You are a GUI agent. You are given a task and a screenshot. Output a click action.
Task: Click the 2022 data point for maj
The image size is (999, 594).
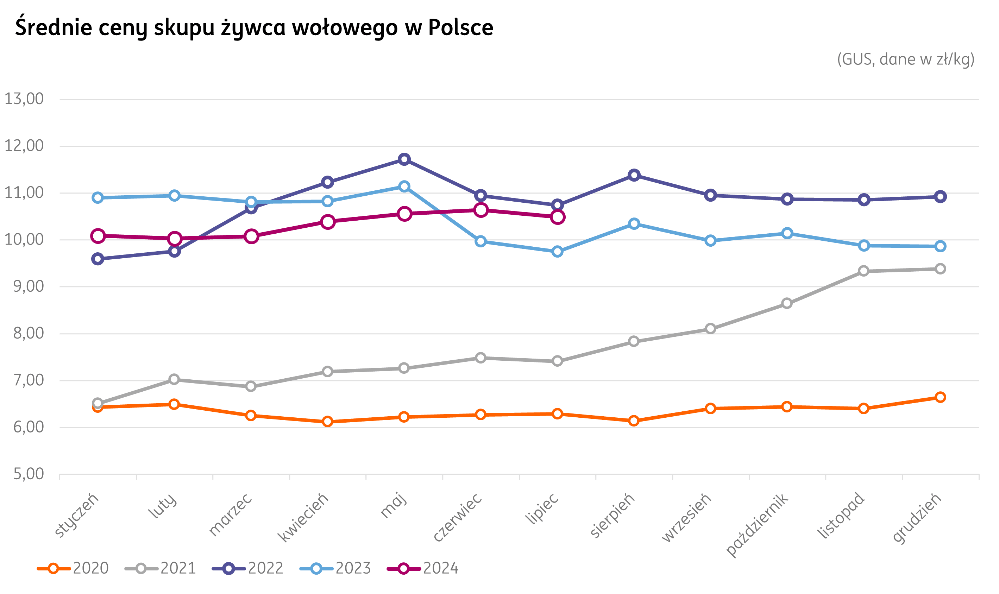tap(404, 159)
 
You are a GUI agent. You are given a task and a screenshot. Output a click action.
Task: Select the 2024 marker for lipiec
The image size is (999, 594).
tap(557, 217)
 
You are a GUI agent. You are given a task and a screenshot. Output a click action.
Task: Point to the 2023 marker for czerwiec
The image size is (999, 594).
tap(480, 241)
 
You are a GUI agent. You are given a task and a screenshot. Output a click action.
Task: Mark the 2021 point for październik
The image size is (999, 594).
tap(787, 303)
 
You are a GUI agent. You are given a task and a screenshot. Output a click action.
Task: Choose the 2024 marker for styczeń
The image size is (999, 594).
tap(98, 236)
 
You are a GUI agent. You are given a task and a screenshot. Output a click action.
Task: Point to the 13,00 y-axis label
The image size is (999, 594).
tap(24, 99)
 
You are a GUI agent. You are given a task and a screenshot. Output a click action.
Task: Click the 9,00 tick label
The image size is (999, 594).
tap(29, 286)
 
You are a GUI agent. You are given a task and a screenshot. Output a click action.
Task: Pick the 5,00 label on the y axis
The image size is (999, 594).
tap(29, 474)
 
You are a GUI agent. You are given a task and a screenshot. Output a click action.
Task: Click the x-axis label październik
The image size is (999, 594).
tap(757, 524)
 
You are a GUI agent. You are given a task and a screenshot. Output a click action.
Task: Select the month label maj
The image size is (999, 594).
tap(394, 505)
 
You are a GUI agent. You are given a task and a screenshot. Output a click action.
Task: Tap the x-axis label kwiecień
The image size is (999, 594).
tap(303, 517)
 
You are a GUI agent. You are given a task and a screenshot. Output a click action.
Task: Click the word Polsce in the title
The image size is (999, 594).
tap(460, 27)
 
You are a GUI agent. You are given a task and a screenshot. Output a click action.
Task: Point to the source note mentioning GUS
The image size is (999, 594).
tap(906, 59)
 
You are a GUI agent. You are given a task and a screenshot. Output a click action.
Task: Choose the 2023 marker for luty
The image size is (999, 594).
tap(174, 195)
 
